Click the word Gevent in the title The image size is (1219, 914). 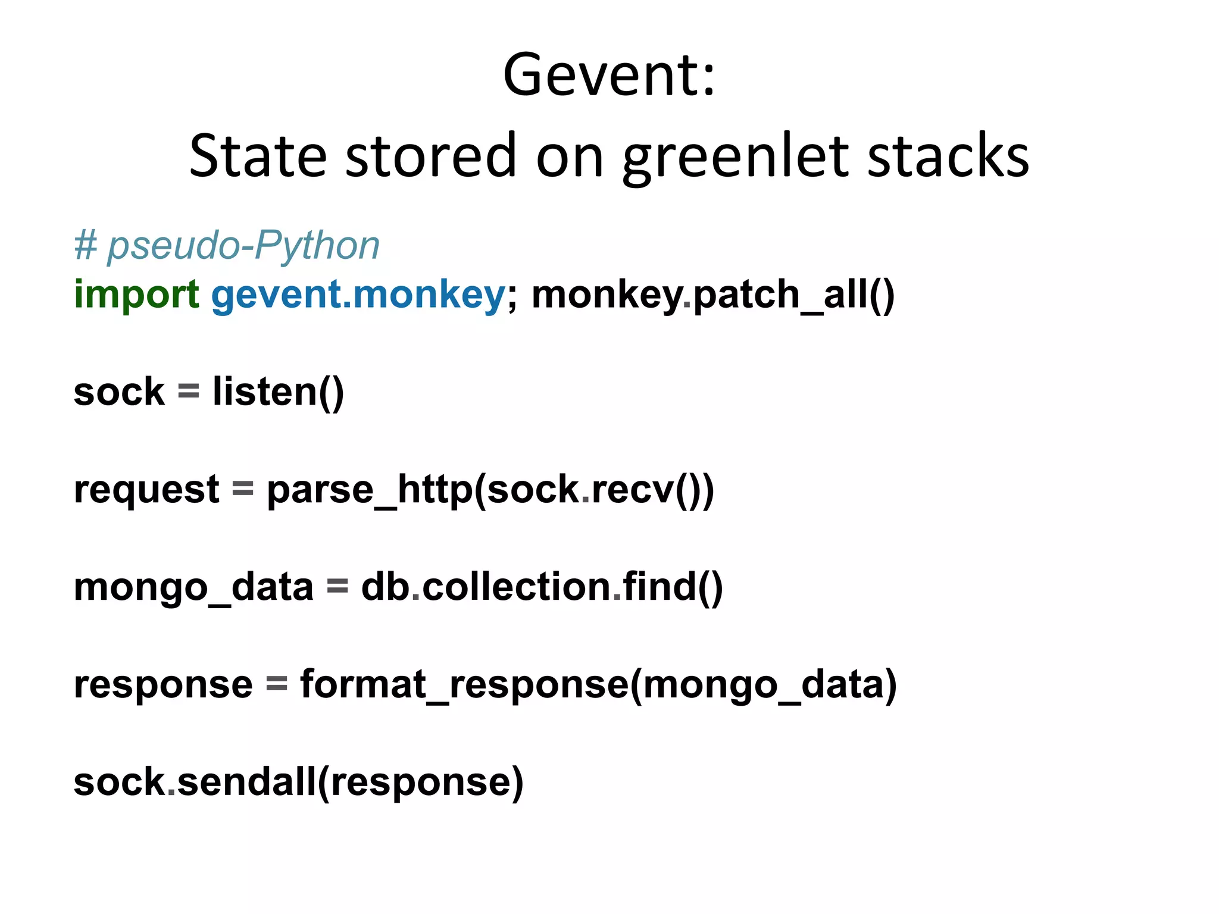[598, 76]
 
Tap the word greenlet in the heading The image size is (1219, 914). [736, 156]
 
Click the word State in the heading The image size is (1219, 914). [258, 156]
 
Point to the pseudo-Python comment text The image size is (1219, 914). [227, 246]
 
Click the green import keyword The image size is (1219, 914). [136, 295]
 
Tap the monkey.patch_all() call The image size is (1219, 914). [712, 295]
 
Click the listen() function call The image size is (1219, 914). [278, 392]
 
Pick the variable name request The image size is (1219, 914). [146, 490]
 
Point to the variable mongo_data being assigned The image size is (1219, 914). [193, 587]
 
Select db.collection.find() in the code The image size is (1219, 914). [542, 587]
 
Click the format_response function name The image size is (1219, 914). [464, 684]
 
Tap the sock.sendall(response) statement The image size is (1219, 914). [298, 782]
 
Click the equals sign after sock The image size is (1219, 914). [188, 392]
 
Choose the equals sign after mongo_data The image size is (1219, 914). [337, 587]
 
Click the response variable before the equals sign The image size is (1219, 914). [163, 684]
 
